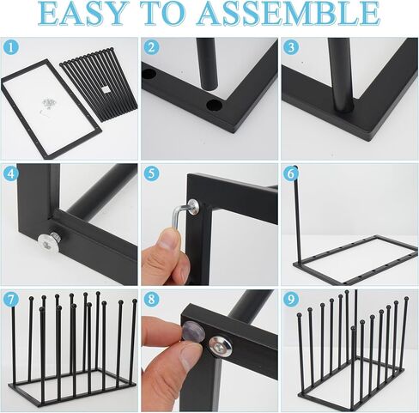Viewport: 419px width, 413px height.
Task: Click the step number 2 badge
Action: pos(151,48)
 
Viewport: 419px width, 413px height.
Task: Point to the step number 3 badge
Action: pos(291,48)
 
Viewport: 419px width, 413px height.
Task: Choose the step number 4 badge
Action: pos(11,173)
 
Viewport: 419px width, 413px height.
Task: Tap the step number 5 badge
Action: pos(151,173)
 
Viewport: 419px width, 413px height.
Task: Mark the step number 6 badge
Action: pos(291,173)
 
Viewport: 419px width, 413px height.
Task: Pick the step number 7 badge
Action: pos(11,300)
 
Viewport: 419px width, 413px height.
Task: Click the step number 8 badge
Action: pos(151,300)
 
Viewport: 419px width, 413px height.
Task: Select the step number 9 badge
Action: pos(291,300)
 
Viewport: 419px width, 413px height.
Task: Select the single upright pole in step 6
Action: pos(297,215)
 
